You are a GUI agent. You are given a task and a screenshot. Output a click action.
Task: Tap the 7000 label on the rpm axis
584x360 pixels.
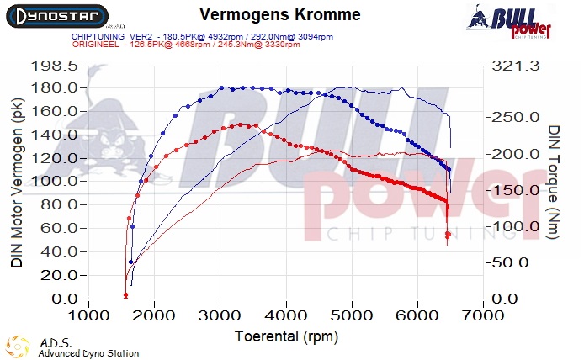[x=484, y=315]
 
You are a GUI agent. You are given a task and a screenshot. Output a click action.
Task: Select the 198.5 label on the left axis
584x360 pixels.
[x=54, y=66]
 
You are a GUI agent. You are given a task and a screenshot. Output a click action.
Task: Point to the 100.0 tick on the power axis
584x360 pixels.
[x=54, y=182]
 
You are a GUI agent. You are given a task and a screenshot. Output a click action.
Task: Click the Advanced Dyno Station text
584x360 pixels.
[x=88, y=353]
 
